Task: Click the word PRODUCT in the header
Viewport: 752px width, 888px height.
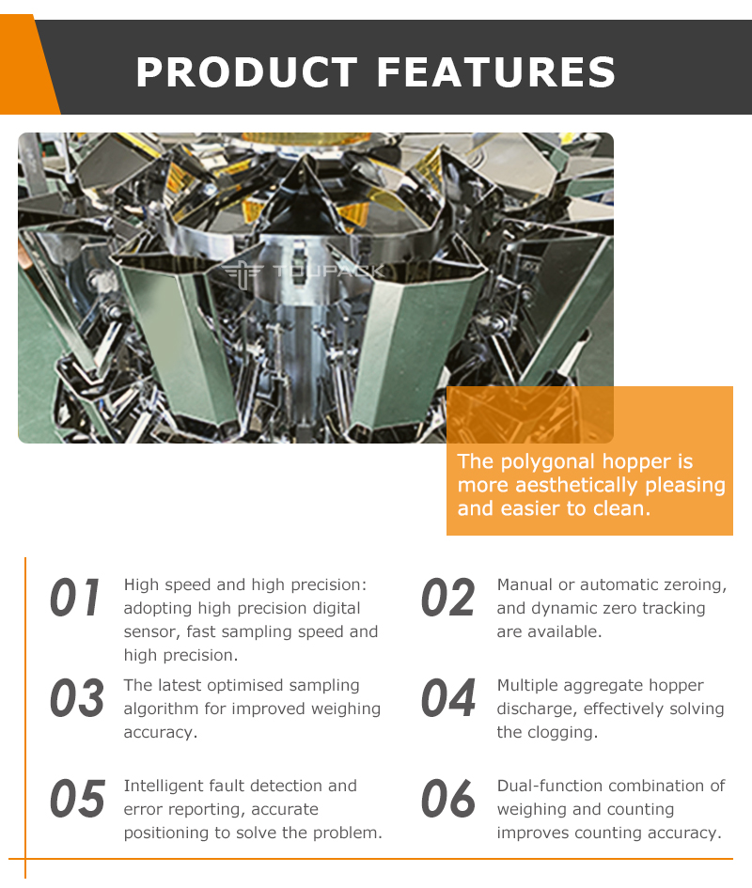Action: [x=246, y=72]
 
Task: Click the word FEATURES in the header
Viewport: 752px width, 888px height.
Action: [x=496, y=72]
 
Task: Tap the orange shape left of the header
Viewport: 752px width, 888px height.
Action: [x=27, y=65]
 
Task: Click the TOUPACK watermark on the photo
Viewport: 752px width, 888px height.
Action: [x=305, y=272]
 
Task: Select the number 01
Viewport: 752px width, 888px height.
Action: [x=75, y=598]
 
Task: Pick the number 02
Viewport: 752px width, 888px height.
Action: [x=447, y=598]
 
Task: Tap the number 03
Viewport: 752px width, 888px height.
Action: [x=76, y=697]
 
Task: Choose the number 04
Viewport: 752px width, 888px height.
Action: [x=448, y=697]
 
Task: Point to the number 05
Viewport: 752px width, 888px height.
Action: [x=77, y=799]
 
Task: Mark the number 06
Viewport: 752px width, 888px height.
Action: [x=448, y=799]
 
